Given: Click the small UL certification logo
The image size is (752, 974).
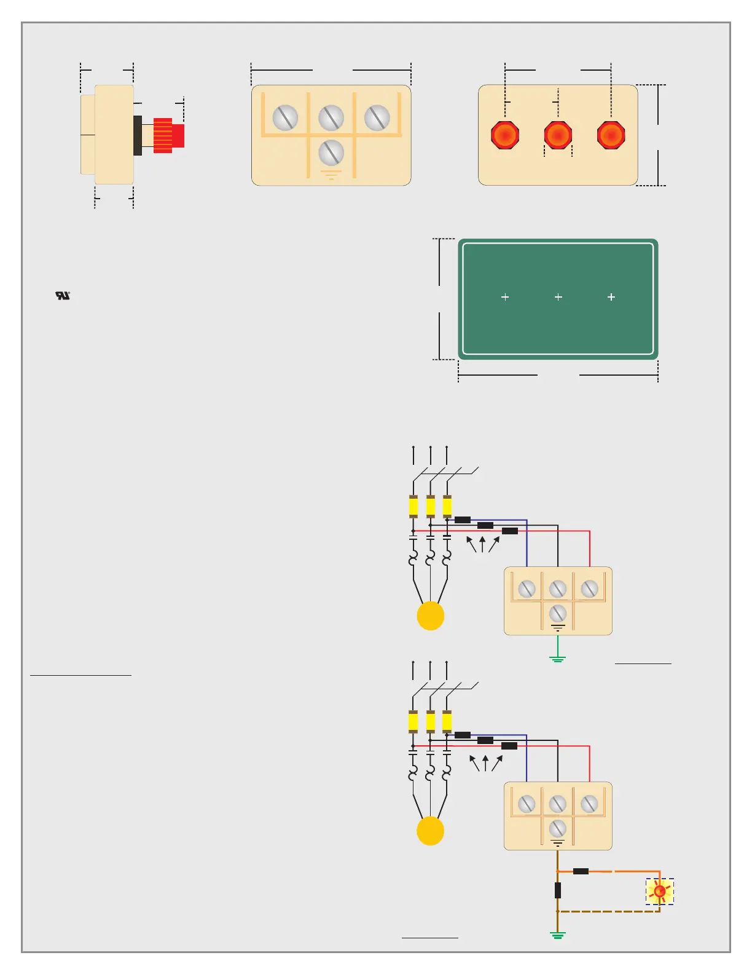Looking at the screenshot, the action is (x=63, y=296).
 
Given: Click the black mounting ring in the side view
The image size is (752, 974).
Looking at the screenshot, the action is (x=138, y=135).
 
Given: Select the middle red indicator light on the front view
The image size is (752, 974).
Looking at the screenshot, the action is (x=558, y=135).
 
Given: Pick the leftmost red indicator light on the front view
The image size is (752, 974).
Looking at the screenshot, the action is (x=505, y=135).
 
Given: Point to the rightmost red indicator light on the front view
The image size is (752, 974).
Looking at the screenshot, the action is (x=611, y=135).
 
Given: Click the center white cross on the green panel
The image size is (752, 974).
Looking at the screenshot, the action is (x=558, y=297).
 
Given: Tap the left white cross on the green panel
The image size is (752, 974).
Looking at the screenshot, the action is (x=505, y=297).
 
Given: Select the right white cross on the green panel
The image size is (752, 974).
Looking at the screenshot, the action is (x=611, y=297).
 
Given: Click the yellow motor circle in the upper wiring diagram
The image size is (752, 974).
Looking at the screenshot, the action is (x=430, y=616).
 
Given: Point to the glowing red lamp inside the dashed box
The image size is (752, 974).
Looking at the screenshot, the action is (x=659, y=891).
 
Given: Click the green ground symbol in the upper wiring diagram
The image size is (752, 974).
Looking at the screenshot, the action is (x=557, y=660).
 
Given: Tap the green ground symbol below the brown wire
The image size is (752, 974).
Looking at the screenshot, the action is (x=557, y=936).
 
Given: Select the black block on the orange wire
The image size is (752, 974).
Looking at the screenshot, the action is (x=581, y=871).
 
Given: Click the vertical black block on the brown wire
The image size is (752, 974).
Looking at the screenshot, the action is (x=557, y=890).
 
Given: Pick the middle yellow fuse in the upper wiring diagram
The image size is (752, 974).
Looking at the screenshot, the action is (x=430, y=507).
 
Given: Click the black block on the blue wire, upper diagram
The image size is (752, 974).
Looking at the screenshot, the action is (x=463, y=520).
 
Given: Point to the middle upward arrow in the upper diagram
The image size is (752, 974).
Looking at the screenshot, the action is (x=482, y=544).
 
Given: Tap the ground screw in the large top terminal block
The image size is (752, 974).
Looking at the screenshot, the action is (x=331, y=152).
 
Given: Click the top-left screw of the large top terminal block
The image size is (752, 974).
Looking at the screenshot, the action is (x=285, y=117).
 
